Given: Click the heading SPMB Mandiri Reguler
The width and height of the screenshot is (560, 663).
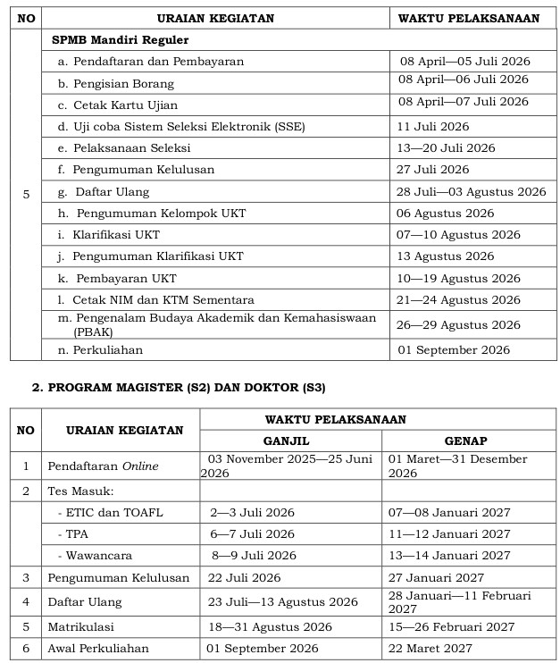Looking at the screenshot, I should click(121, 40).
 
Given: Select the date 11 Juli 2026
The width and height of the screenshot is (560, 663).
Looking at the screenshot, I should click(433, 127).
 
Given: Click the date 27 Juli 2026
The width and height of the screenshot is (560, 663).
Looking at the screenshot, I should click(433, 170).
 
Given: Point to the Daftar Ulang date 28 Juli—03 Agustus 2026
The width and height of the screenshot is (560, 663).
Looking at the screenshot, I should click(471, 191).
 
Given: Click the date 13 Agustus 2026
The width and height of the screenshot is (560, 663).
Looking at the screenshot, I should click(446, 256).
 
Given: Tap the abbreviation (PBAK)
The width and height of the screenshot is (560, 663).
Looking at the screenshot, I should click(92, 331).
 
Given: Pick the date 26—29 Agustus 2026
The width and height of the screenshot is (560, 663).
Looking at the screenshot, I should click(459, 325).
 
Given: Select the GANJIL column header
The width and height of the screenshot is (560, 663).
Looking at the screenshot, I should click(290, 441).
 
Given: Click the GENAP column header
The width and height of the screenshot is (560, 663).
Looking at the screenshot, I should click(465, 441).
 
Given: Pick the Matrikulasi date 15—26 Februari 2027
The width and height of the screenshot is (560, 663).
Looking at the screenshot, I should click(451, 627).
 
